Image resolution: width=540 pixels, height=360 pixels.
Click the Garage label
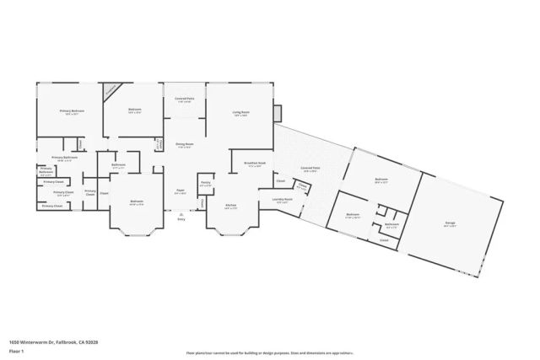(451, 224)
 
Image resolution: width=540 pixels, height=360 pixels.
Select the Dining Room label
(181, 144)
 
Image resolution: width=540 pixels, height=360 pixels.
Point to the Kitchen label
(230, 205)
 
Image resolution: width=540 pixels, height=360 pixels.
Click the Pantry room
(205, 184)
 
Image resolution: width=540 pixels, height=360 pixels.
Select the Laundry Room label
(282, 200)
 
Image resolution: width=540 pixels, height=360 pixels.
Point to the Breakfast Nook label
(255, 164)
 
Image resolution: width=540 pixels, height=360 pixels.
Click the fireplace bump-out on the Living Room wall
(280, 113)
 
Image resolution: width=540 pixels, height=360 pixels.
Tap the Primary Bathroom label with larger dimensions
(65, 158)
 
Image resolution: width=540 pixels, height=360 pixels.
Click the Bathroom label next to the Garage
(392, 224)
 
